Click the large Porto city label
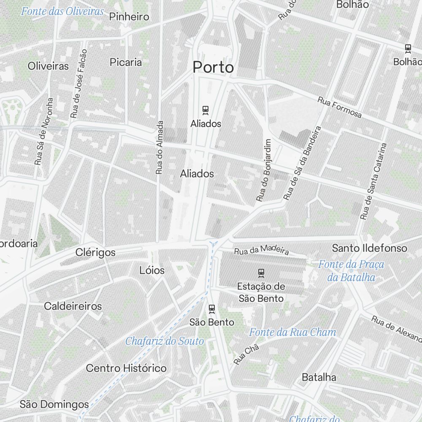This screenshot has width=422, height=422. [x=213, y=67]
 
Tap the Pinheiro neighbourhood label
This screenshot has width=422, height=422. [x=129, y=17]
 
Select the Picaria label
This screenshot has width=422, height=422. [x=126, y=62]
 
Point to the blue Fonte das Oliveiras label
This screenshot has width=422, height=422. [x=62, y=11]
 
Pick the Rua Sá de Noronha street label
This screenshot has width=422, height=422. [x=44, y=131]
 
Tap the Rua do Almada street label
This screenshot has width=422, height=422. [x=160, y=147]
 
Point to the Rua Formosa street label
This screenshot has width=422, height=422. [x=340, y=108]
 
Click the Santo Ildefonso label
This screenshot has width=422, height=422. [x=370, y=248]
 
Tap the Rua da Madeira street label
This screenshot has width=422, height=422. [x=262, y=249]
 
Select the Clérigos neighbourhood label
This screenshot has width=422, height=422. [x=95, y=252]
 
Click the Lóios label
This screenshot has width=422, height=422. [x=152, y=270]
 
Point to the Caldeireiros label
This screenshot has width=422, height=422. [x=73, y=306]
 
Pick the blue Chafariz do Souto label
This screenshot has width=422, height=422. [x=165, y=341]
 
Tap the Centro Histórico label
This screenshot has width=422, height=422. [x=126, y=368]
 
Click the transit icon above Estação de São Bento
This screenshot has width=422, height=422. [x=261, y=273]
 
